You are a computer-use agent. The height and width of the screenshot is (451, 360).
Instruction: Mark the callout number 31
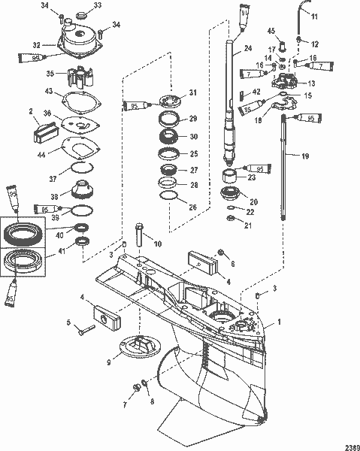click(x=192, y=92)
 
